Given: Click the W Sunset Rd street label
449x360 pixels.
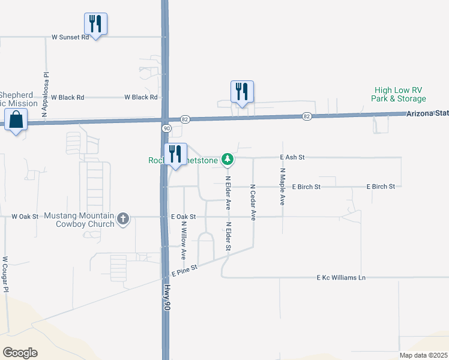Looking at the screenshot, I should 70,37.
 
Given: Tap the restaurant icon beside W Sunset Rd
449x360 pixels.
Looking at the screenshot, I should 95,23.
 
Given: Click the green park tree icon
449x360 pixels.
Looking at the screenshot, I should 227,159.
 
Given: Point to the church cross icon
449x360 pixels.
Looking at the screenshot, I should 123,218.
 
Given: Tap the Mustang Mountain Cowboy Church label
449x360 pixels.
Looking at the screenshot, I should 76,220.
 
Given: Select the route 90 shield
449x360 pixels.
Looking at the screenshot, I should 166,128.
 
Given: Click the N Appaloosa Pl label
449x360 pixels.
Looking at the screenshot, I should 45,94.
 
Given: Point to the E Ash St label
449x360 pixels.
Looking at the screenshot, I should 293,157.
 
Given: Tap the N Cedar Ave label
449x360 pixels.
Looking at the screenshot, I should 253,202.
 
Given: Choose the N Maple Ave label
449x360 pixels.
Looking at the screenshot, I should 282,187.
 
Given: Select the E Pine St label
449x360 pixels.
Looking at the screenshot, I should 184,272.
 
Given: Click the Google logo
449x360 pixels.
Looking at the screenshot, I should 20,353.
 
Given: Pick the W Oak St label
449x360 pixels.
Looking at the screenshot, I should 25,216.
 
